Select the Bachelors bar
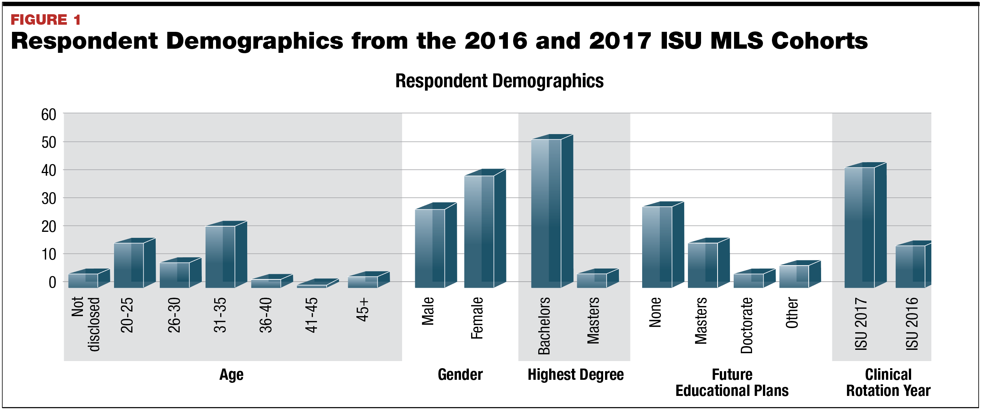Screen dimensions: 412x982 click(546, 213)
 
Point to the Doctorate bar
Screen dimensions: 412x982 click(749, 281)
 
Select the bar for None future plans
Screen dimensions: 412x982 click(657, 247)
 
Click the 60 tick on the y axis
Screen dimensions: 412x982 click(49, 114)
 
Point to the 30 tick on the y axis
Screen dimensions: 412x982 click(49, 199)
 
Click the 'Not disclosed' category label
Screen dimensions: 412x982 click(86, 324)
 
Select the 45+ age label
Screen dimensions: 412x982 click(363, 310)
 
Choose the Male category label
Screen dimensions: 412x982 click(428, 311)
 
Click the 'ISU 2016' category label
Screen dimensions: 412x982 click(912, 324)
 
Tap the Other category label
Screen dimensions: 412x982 click(792, 313)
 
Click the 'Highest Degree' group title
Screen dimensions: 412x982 click(576, 375)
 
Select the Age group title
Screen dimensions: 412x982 click(231, 375)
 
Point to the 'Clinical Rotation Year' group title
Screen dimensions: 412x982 click(888, 383)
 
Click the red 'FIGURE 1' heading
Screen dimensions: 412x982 click(46, 19)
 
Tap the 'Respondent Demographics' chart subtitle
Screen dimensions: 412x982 click(499, 81)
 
